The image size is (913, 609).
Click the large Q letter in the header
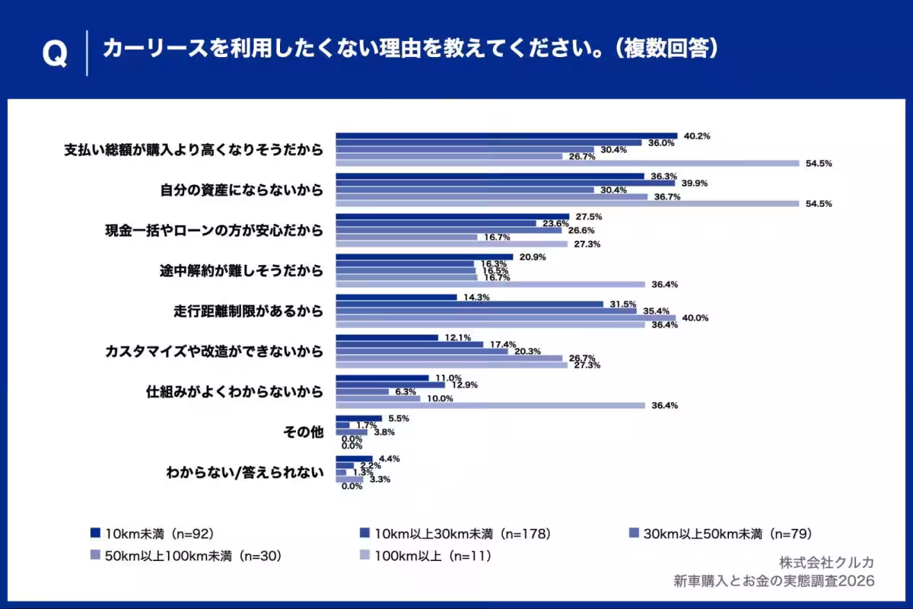tap(54, 53)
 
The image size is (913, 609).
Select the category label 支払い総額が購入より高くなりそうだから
tap(193, 150)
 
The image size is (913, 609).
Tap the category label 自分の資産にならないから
tap(241, 190)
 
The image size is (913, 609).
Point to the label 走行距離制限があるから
tap(248, 311)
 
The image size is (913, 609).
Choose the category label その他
tap(303, 432)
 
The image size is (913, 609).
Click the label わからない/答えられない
tap(245, 472)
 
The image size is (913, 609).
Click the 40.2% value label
tap(697, 136)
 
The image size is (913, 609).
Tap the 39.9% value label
tap(695, 183)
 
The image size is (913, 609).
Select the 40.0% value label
tap(696, 318)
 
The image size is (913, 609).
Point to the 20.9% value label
tap(533, 257)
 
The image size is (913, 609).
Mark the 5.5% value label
tap(399, 418)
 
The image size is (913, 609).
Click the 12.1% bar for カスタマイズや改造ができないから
tap(387, 337)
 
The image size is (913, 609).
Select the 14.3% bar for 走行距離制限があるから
tap(396, 297)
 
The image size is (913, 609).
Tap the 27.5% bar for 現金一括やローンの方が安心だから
tap(453, 216)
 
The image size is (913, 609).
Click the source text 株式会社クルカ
tap(826, 562)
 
